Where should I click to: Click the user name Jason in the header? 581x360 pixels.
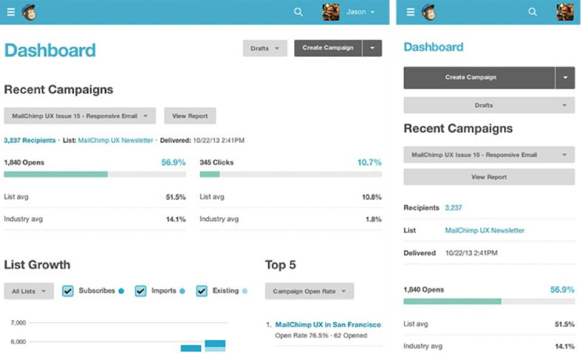[x=356, y=12]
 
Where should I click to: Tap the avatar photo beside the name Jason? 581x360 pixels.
[x=330, y=12]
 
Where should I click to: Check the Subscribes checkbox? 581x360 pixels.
[x=68, y=291]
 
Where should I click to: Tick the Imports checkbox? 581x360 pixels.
[x=141, y=291]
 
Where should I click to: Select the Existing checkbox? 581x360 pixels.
[x=202, y=291]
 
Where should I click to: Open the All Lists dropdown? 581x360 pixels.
[x=29, y=291]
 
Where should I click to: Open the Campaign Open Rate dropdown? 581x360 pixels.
[x=309, y=291]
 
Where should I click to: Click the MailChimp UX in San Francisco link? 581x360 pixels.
[x=327, y=325]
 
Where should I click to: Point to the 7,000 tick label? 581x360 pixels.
[x=18, y=322]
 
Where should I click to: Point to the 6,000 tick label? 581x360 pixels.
[x=18, y=342]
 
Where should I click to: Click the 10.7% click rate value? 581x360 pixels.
[x=369, y=162]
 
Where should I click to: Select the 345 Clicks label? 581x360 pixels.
[x=217, y=162]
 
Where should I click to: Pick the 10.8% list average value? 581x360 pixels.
[x=372, y=197]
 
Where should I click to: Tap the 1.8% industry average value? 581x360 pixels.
[x=373, y=219]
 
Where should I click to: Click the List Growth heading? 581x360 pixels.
[x=37, y=265]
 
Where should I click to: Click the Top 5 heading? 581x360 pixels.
[x=280, y=265]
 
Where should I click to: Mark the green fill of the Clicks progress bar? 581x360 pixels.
[x=209, y=174]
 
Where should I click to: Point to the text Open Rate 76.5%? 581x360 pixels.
[x=301, y=336]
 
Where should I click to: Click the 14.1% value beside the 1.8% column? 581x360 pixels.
[x=175, y=219]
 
